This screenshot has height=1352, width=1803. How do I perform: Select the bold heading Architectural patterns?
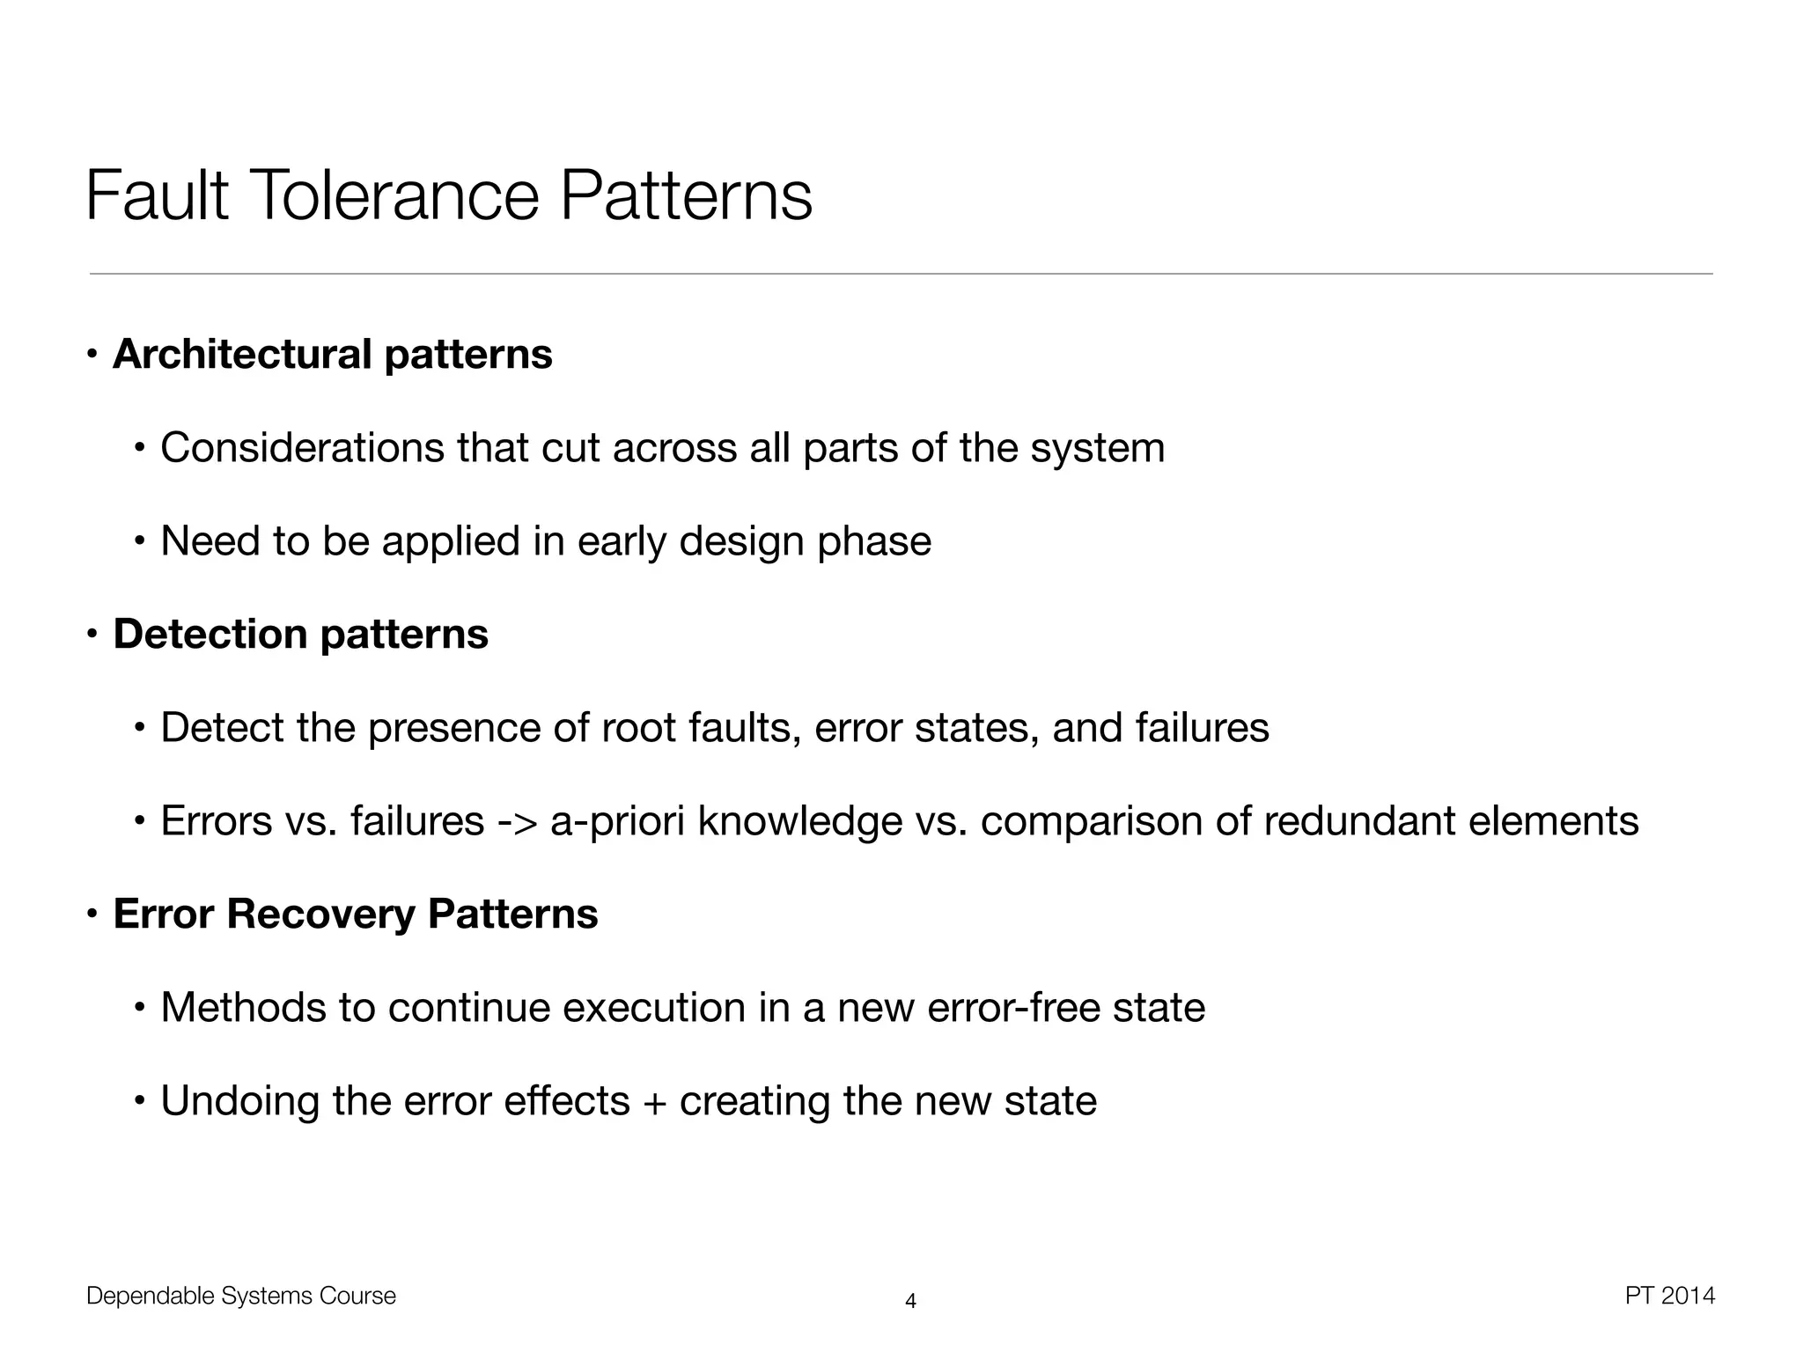(x=332, y=355)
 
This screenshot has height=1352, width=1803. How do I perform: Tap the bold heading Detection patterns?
(x=300, y=635)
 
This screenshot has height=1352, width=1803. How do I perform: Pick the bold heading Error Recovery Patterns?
(x=356, y=914)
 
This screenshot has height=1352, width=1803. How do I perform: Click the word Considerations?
(x=302, y=448)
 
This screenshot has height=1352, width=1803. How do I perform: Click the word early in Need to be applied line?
(x=622, y=541)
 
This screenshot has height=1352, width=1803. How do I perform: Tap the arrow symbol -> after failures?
(x=517, y=821)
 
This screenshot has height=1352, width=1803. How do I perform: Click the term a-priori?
(x=617, y=821)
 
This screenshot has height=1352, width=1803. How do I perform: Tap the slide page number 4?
(x=910, y=1301)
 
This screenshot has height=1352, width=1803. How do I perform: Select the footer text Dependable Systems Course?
(x=241, y=1297)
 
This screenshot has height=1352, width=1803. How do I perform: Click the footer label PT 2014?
(x=1669, y=1296)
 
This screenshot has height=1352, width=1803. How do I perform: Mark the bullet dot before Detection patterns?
(x=92, y=635)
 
